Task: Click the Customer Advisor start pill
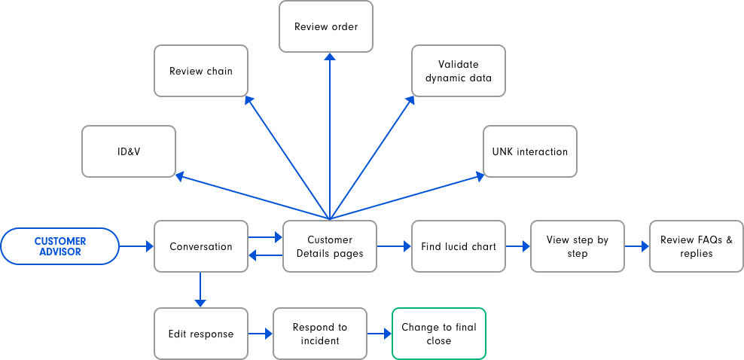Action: [60, 246]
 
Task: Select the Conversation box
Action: [201, 246]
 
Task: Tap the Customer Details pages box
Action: [329, 246]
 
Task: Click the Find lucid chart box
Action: [458, 246]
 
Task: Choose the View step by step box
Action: [577, 246]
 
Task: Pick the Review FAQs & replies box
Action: [696, 246]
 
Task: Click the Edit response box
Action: [201, 334]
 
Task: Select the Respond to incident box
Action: [320, 334]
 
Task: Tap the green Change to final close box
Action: [438, 334]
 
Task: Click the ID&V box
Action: [129, 151]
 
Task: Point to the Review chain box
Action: [201, 71]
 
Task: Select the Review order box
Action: [326, 26]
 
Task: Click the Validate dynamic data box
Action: [458, 71]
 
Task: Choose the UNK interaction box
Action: [530, 151]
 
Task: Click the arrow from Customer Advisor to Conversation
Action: [136, 246]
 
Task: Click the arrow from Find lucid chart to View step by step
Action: [517, 246]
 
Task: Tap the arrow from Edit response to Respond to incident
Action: [260, 334]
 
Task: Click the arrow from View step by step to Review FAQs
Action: [636, 246]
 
